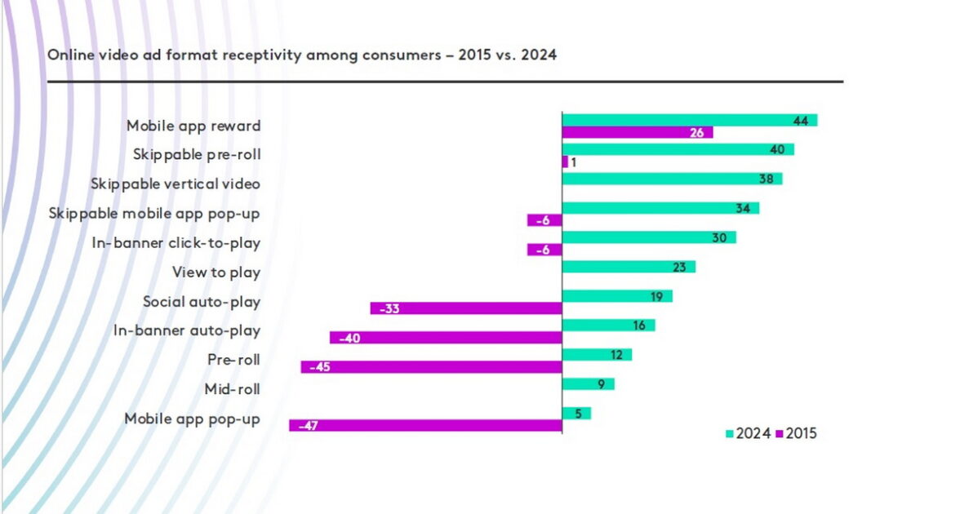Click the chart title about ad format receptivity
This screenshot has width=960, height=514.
click(x=302, y=55)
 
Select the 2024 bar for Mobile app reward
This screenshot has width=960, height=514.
click(x=690, y=120)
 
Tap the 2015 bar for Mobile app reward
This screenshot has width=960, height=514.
click(x=638, y=132)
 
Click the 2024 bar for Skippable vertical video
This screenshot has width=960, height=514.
click(x=672, y=179)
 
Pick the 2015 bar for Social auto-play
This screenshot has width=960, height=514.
click(x=466, y=308)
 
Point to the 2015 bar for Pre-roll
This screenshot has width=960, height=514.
click(x=431, y=367)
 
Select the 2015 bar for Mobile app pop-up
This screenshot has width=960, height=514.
click(x=425, y=426)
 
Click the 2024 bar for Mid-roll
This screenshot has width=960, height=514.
click(x=588, y=384)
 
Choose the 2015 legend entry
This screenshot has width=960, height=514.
click(x=795, y=434)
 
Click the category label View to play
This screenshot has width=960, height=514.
click(x=216, y=273)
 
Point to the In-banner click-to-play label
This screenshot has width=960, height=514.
click(x=188, y=243)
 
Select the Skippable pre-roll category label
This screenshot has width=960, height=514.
click(x=197, y=154)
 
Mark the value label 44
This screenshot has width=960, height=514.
click(x=800, y=120)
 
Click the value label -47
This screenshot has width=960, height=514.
click(x=308, y=426)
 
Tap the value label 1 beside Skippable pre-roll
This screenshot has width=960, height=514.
click(x=574, y=162)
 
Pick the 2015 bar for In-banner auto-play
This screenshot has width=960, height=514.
click(x=446, y=338)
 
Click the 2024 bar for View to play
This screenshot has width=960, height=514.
click(x=629, y=267)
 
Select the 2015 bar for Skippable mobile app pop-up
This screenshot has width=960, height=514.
click(x=544, y=220)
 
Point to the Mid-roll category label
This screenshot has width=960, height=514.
click(x=232, y=390)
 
